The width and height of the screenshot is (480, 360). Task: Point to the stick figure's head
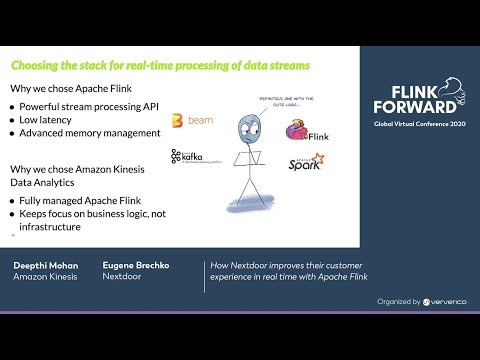248,126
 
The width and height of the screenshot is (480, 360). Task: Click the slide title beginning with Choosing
160,66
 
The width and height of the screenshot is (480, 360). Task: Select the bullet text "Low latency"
51,119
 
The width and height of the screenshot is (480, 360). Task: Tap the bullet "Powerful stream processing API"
90,105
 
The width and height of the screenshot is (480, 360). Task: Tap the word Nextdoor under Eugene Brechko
122,277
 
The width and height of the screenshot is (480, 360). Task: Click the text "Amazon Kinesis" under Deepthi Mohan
45,277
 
